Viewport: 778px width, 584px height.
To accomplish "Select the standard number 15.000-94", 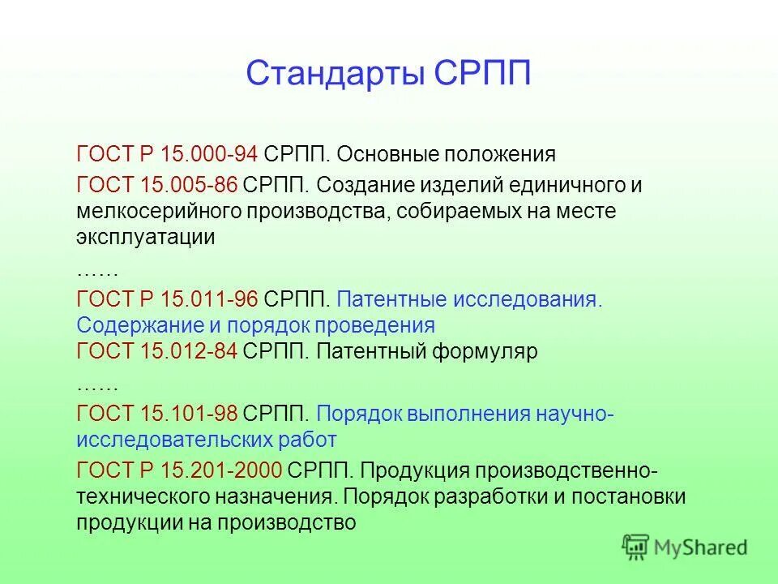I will click(x=209, y=154).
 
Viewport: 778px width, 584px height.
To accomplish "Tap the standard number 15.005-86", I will click(x=189, y=185).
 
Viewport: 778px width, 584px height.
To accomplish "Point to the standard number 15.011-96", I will click(x=209, y=298).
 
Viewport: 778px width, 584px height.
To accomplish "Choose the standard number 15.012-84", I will click(x=189, y=353).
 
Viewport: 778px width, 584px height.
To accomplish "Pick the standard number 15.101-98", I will click(x=189, y=414).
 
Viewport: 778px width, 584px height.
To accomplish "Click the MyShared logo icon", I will click(x=636, y=547).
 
